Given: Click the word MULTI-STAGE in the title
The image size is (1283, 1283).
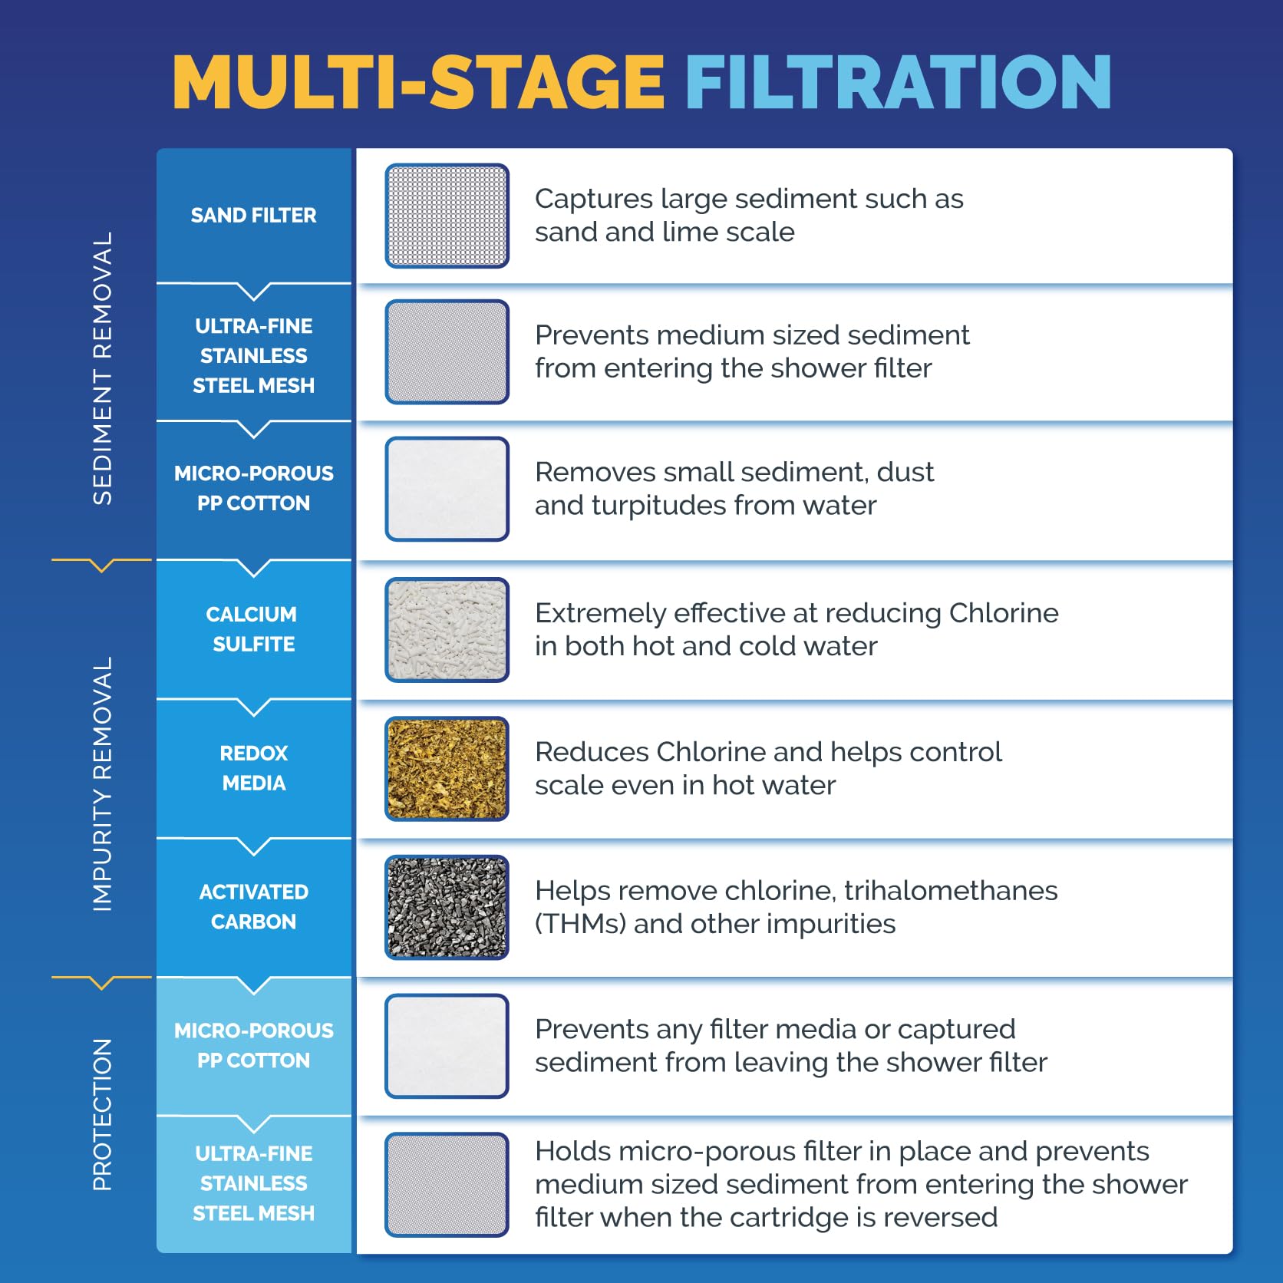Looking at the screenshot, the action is (418, 82).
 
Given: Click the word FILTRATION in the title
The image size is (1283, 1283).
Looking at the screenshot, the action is (898, 82).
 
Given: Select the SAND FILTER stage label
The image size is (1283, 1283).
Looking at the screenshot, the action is (253, 216).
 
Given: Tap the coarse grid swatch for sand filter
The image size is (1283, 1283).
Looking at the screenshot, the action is (447, 216).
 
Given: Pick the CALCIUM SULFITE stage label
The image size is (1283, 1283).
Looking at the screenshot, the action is (253, 629).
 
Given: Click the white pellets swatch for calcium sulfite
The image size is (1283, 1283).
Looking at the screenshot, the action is (447, 630).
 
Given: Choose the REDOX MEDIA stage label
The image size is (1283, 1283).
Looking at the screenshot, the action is (254, 768).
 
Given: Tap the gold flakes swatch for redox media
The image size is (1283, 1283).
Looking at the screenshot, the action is (447, 769).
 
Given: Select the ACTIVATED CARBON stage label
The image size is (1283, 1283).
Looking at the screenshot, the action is (254, 907).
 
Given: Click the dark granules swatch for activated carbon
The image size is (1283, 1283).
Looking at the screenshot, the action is (447, 908).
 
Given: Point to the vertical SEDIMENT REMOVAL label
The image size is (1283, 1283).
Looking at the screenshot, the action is (102, 368).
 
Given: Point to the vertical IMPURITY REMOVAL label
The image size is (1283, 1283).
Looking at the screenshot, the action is (102, 784).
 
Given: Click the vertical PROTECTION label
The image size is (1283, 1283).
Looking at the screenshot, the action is (102, 1115).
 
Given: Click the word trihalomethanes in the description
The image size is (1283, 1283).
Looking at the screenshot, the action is (951, 891).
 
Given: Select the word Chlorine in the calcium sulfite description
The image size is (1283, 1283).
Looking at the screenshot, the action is (1004, 613).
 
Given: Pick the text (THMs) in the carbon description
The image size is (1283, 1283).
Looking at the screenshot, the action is (580, 924).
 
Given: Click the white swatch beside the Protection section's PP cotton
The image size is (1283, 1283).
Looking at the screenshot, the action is (447, 1046).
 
